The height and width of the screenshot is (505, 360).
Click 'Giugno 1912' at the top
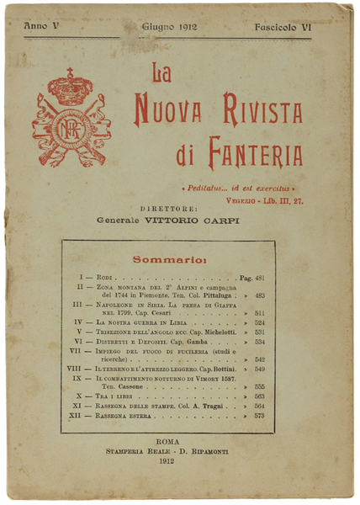(x=169, y=28)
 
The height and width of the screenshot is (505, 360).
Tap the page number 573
(x=259, y=416)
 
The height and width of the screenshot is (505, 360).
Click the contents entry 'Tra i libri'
(x=114, y=395)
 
